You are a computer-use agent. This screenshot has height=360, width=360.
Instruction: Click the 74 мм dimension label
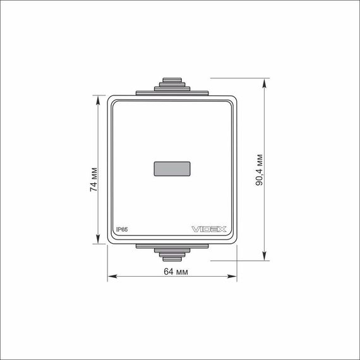point(94,179)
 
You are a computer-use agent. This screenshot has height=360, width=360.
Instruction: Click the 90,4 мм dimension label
point(259,170)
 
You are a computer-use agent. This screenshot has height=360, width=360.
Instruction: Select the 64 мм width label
point(176,272)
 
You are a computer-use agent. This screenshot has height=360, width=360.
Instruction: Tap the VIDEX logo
point(209,229)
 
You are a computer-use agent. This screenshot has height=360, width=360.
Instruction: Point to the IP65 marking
point(122,230)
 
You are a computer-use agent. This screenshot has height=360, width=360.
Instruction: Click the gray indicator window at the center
point(172,169)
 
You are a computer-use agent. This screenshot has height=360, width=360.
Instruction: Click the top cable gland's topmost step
point(172,80)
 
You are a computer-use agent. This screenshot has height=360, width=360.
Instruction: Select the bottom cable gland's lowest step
point(172,259)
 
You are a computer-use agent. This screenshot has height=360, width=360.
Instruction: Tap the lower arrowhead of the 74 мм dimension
point(98,239)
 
